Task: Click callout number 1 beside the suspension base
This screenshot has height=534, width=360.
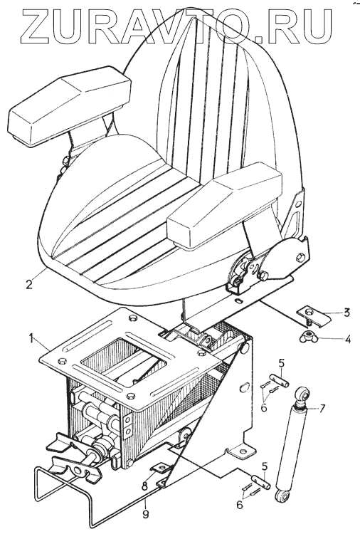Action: (x=31, y=338)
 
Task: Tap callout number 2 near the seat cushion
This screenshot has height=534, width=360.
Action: (x=30, y=283)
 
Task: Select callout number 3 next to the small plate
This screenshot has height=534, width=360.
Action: (x=346, y=313)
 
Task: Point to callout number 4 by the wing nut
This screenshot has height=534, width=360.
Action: (x=347, y=339)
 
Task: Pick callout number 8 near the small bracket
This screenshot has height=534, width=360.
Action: (x=144, y=486)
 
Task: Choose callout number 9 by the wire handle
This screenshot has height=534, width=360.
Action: (x=145, y=514)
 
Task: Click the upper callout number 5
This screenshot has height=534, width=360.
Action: (x=282, y=363)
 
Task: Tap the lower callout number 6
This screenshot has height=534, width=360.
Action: (x=240, y=504)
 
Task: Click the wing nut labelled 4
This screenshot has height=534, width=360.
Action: (x=309, y=337)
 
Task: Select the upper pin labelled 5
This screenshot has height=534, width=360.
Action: (x=279, y=380)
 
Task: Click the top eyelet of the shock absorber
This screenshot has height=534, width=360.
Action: (x=303, y=394)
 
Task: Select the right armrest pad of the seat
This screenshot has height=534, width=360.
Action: (x=225, y=206)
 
